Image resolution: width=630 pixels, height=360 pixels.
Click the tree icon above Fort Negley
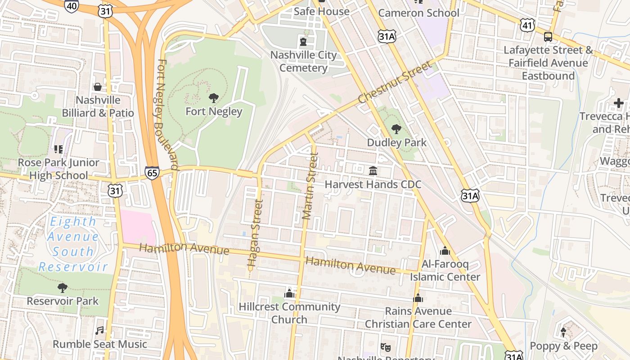(214, 98)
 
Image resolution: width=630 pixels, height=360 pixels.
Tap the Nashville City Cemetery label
(303, 62)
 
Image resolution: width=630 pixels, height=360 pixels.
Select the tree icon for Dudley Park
(396, 129)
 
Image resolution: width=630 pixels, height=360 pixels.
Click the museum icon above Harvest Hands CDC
(373, 171)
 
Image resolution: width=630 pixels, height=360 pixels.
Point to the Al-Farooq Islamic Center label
(445, 270)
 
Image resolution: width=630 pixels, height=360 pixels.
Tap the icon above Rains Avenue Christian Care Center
(418, 298)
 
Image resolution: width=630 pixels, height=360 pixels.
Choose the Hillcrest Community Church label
(289, 313)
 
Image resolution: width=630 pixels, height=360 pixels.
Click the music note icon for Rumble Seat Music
(100, 331)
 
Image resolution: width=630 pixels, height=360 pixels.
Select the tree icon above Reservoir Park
(63, 288)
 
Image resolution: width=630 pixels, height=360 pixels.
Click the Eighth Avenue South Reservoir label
(73, 244)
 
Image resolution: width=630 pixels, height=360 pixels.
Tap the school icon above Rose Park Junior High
(58, 149)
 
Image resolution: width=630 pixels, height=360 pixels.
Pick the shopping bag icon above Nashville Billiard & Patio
(98, 86)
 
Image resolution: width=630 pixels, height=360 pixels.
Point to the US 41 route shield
(527, 25)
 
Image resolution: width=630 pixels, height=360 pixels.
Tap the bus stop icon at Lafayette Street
(548, 37)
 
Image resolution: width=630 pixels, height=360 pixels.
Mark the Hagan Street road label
(255, 234)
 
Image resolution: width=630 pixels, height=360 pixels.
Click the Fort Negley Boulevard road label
(168, 115)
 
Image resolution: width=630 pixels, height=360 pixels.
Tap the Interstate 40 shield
(71, 5)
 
